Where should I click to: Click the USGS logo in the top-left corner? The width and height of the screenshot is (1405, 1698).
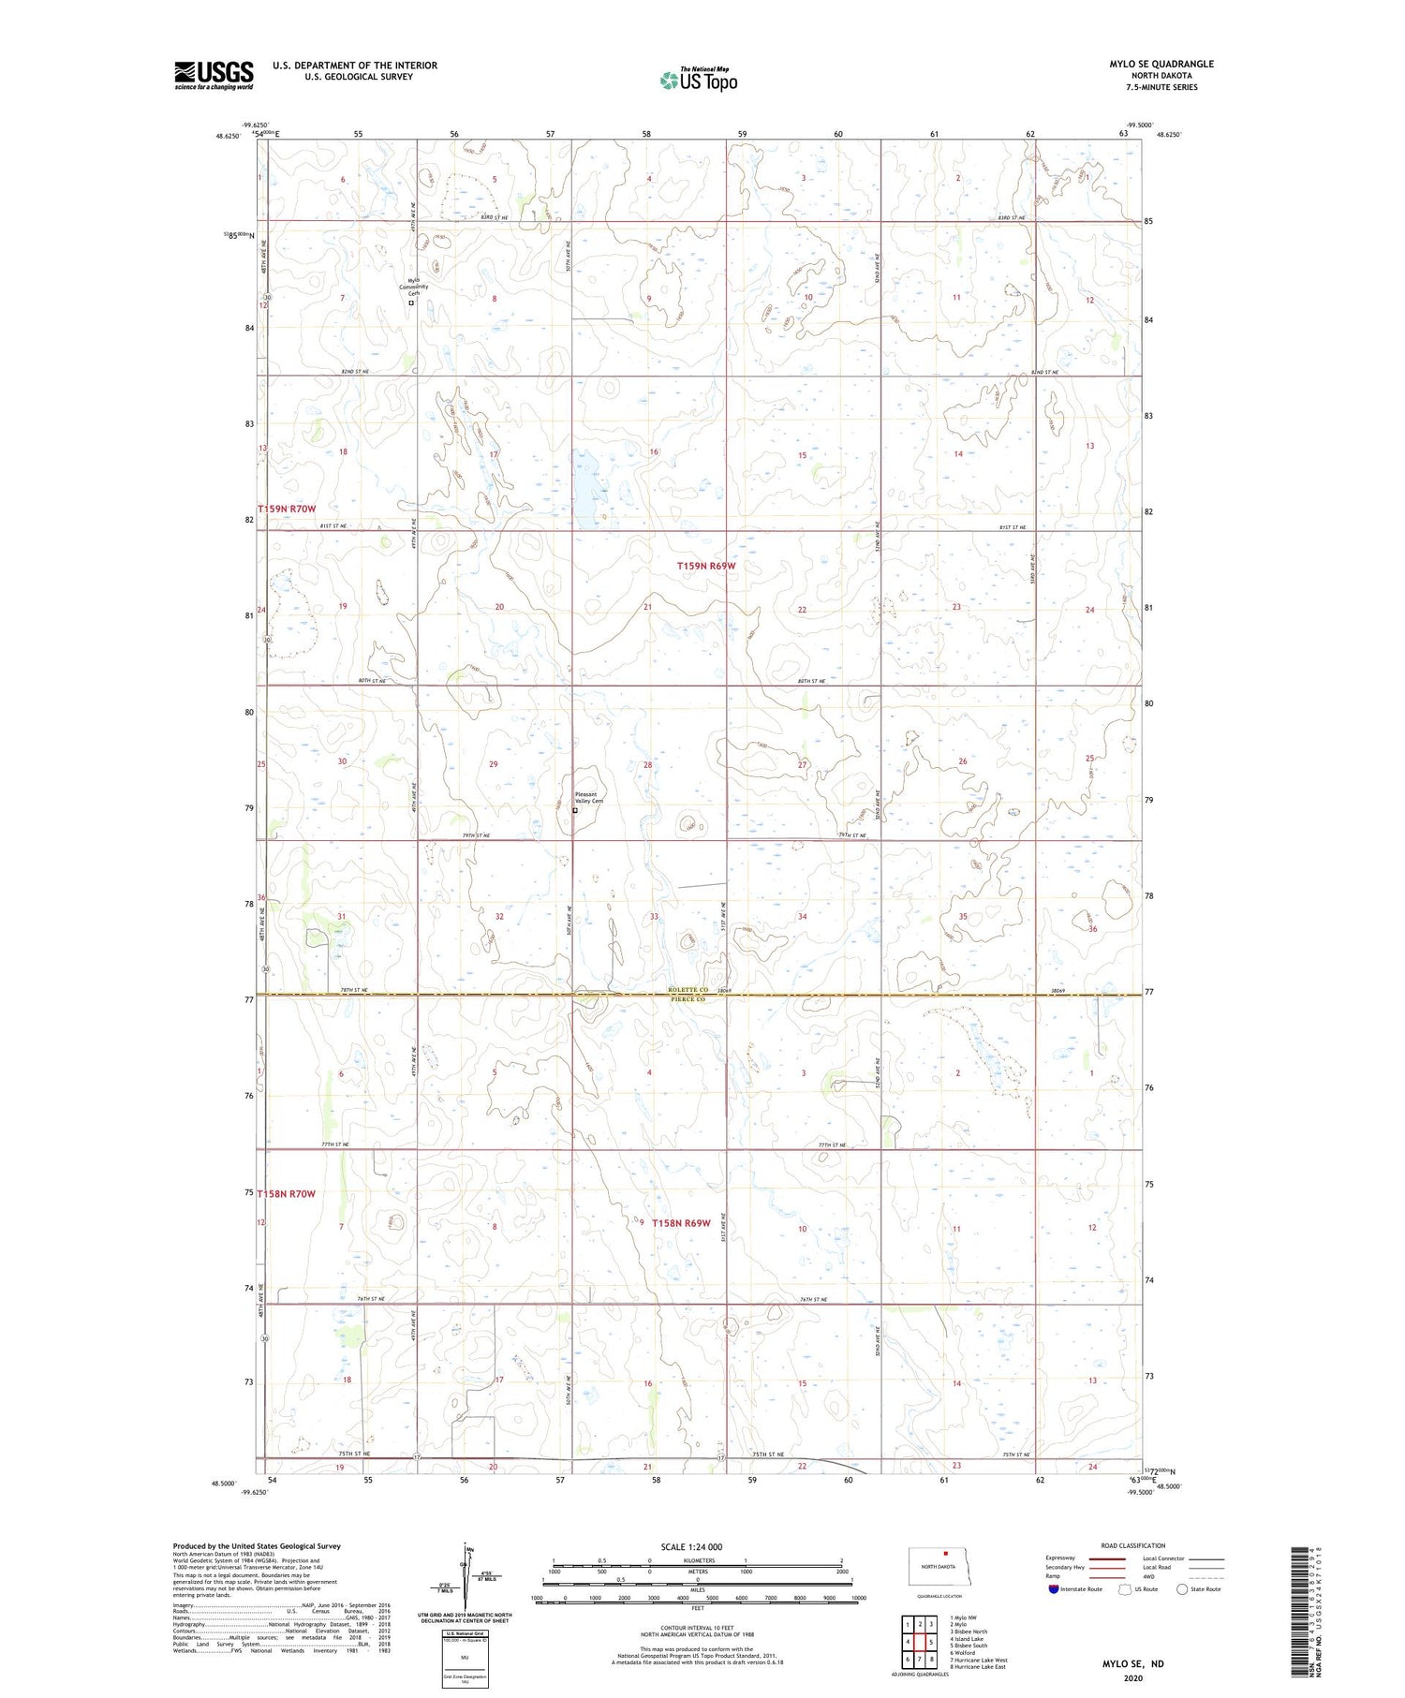tap(214, 75)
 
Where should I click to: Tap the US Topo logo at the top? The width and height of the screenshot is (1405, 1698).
tap(698, 80)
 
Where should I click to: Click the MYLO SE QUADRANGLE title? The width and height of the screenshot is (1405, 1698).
tap(1161, 64)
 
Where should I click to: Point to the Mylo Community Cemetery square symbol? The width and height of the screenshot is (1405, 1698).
tap(411, 303)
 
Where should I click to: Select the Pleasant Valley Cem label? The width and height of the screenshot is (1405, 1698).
tap(589, 798)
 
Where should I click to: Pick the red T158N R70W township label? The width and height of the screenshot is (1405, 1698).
tap(287, 1193)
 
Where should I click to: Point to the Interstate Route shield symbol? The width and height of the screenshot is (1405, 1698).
tap(1054, 1589)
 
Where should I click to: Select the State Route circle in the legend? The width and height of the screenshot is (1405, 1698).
tap(1182, 1589)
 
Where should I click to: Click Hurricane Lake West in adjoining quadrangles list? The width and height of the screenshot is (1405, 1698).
tap(979, 1660)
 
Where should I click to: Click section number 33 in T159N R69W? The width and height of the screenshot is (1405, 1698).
tap(654, 917)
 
